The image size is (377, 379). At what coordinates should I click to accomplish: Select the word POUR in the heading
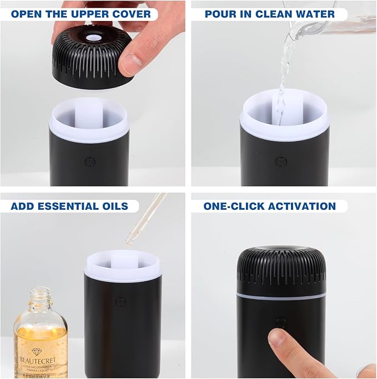pos(221,14)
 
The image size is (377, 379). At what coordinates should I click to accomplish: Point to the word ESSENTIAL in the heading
pos(69,206)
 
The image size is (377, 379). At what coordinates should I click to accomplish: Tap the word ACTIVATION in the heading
pos(302,206)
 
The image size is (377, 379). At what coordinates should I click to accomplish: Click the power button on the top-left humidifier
pos(89,162)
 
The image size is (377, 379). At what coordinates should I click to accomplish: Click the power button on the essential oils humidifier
pos(119,302)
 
